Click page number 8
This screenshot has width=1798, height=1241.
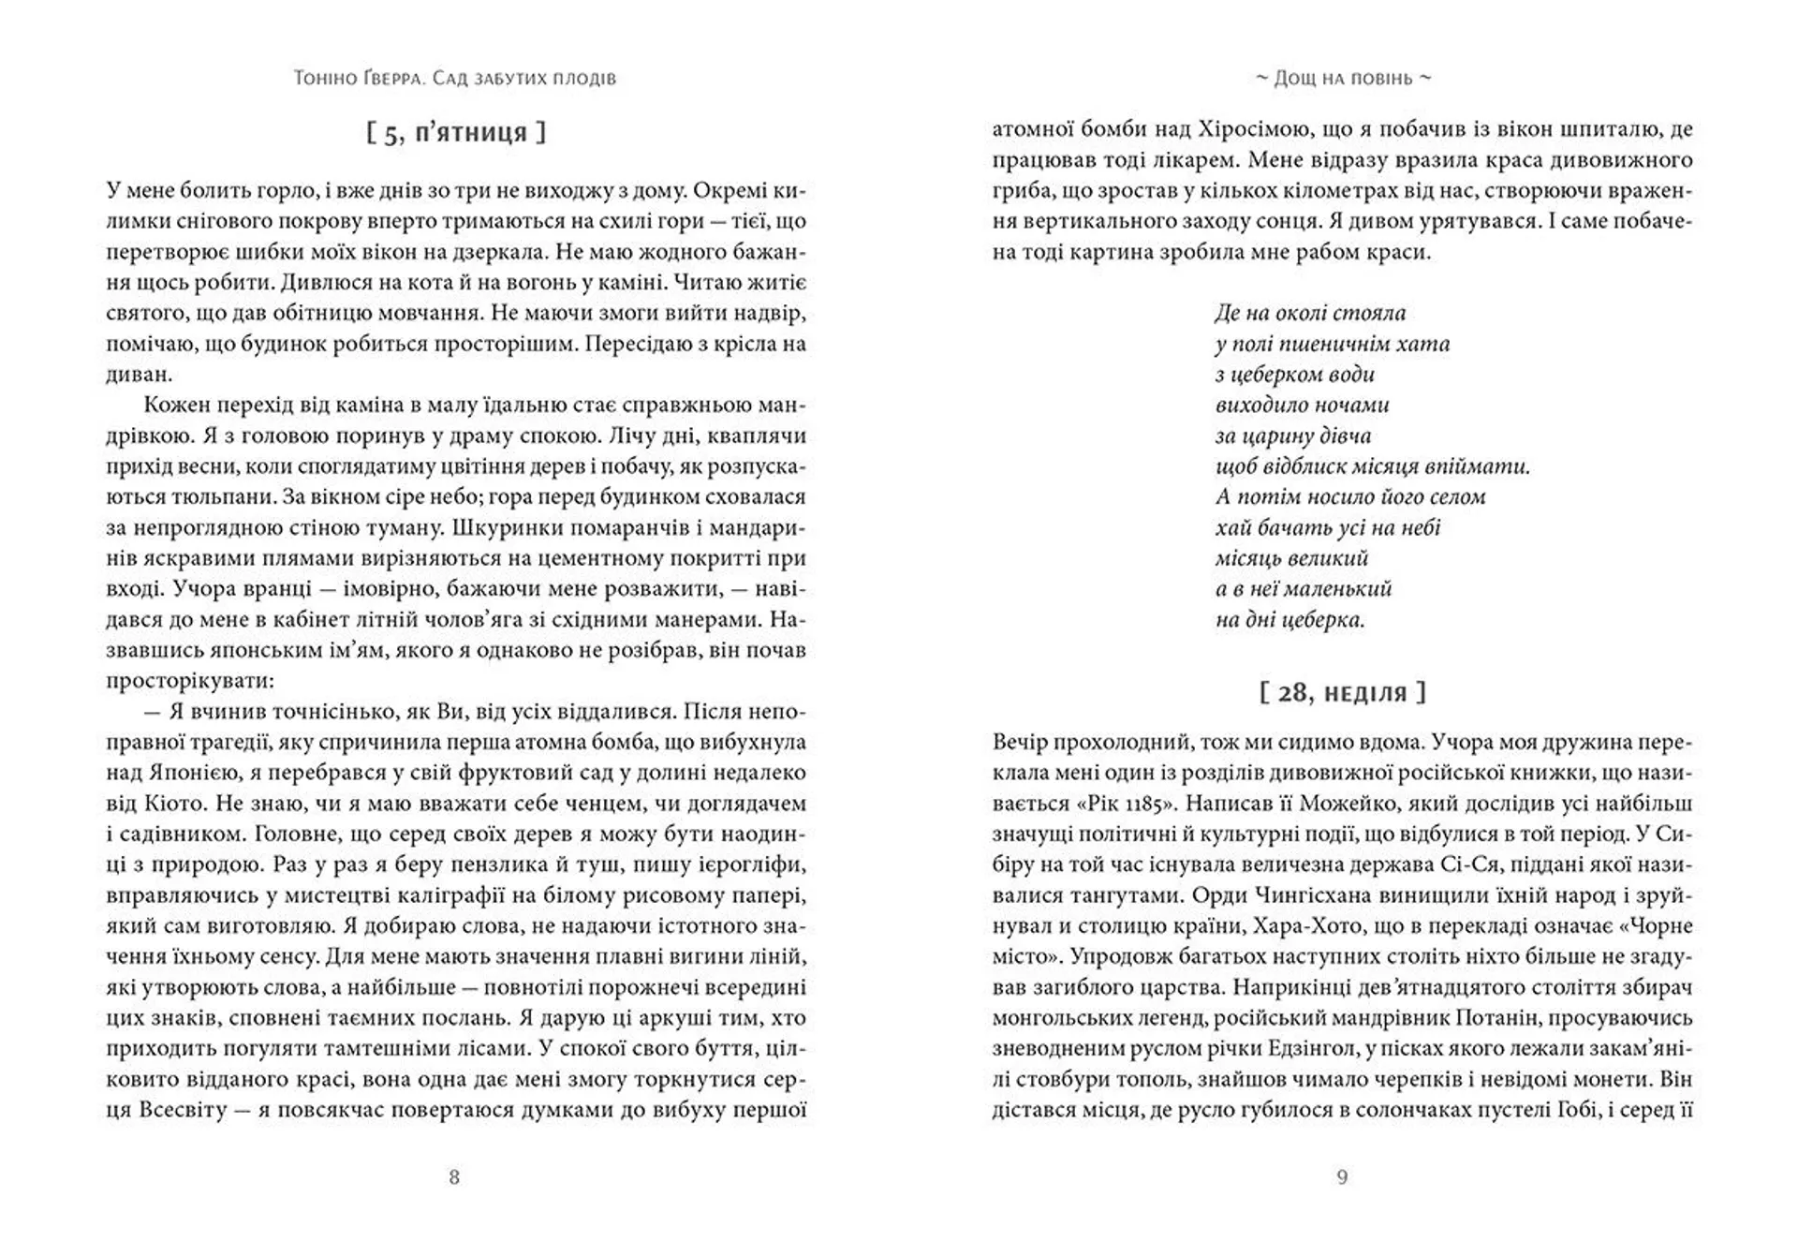pos(454,1177)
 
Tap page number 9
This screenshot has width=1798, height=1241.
pos(1342,1177)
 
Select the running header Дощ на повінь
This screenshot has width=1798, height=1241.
pos(1343,78)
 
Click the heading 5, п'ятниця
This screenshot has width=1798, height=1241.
pos(456,132)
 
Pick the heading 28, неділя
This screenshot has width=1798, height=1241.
pos(1343,693)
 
